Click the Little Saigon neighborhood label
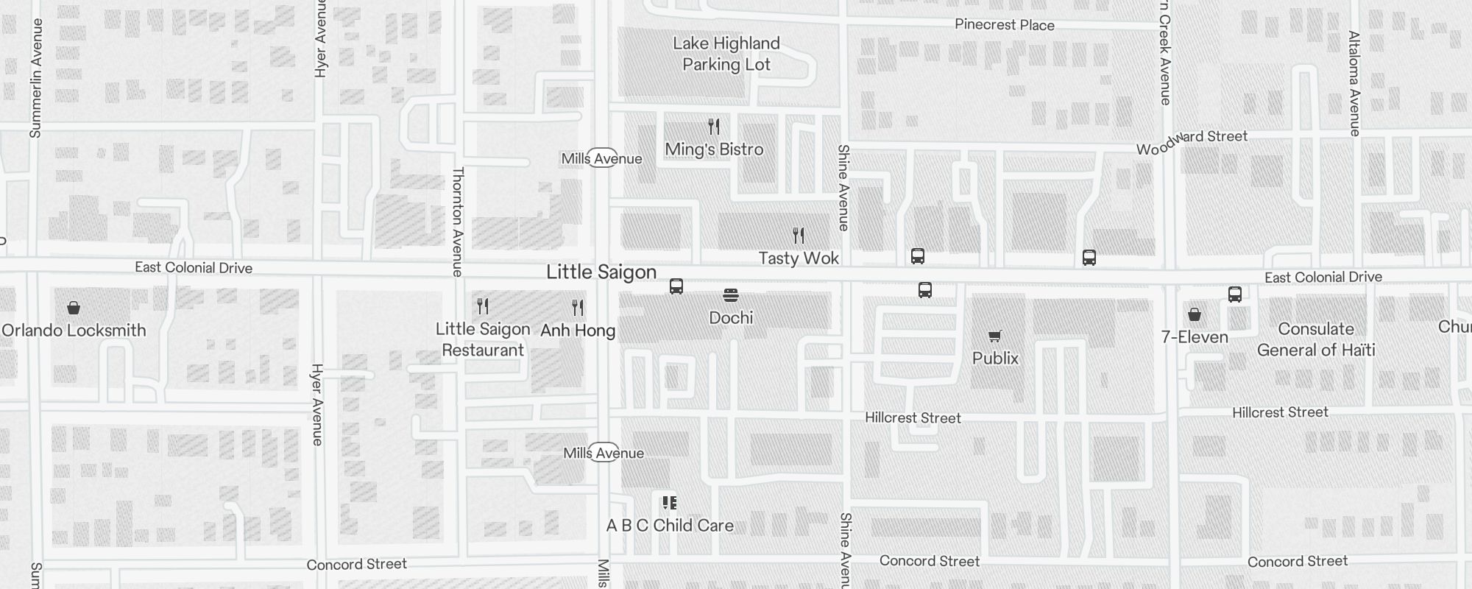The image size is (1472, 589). click(601, 272)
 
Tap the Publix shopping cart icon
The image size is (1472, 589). click(995, 336)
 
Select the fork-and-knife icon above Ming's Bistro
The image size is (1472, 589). click(713, 127)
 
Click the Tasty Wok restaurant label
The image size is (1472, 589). click(799, 258)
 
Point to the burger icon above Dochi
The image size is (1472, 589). click(730, 295)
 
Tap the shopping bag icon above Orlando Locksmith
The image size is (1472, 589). click(74, 308)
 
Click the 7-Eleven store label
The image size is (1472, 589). click(1194, 337)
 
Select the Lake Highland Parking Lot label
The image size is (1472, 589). click(726, 54)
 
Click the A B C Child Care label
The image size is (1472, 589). click(670, 526)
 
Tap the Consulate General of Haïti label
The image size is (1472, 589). click(1315, 339)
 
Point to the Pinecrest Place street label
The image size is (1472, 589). click(1004, 25)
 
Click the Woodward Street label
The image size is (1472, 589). click(1192, 142)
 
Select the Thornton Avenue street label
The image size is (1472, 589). click(458, 221)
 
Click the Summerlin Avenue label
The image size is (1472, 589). click(36, 77)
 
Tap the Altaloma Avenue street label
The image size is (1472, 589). click(1354, 82)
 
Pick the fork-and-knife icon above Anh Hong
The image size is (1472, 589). click(578, 307)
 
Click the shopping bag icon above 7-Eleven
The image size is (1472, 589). click(1194, 315)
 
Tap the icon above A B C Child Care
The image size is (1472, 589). click(669, 503)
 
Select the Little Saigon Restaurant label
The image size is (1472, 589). click(483, 339)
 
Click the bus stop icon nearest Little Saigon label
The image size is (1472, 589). click(676, 286)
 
